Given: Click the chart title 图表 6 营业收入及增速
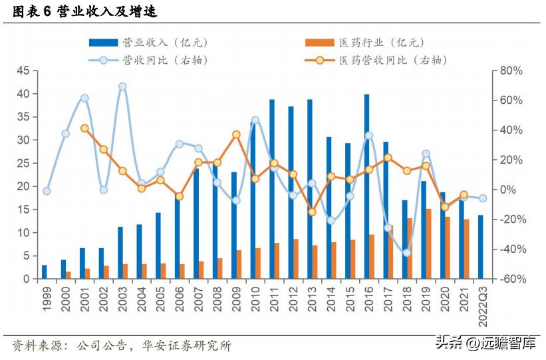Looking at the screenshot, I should (84, 11).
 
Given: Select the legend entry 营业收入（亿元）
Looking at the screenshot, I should (150, 43).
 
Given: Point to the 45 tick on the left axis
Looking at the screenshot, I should (24, 71).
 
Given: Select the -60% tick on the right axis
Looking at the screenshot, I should (512, 279).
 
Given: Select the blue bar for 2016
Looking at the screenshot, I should (366, 186).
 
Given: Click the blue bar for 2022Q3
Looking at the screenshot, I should (480, 247).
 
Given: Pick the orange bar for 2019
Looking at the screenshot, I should (429, 244).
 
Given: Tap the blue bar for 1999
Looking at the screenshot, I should (45, 271).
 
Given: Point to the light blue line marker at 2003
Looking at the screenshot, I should (122, 87).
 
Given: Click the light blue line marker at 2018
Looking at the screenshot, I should (407, 252).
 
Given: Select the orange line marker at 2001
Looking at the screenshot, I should (84, 128).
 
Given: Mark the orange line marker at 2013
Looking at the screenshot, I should (312, 212).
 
